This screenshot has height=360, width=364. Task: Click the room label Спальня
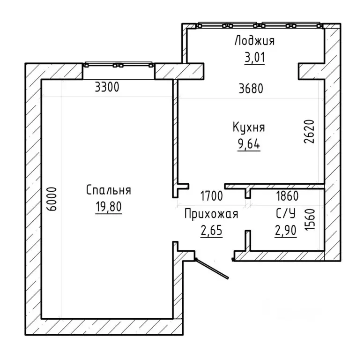click(109, 190)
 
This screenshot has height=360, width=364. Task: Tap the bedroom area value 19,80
click(109, 206)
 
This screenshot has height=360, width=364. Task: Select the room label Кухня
click(249, 127)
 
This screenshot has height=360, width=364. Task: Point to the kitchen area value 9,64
click(249, 144)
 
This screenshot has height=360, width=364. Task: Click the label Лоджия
click(255, 40)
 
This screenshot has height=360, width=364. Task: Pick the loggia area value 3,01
click(255, 57)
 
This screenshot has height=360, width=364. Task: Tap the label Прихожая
click(211, 214)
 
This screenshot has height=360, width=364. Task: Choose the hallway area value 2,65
click(212, 231)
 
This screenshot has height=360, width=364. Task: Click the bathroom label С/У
click(286, 213)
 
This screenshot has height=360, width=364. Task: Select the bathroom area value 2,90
click(286, 231)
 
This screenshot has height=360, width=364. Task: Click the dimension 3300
click(107, 87)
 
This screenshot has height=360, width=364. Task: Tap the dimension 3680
click(251, 89)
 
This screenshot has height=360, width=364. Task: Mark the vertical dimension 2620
click(309, 131)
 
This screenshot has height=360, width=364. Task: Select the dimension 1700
click(211, 195)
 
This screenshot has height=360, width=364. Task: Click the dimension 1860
click(287, 195)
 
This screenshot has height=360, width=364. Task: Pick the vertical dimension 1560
click(310, 219)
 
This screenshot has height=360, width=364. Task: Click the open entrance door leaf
click(212, 268)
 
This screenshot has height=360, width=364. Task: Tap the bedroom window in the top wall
click(119, 65)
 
